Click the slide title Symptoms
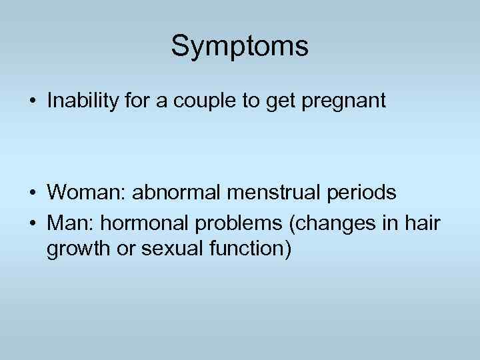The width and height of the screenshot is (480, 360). tap(239, 47)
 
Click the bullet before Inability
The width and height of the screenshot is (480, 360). tap(32, 101)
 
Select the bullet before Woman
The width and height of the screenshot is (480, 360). tap(32, 193)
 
